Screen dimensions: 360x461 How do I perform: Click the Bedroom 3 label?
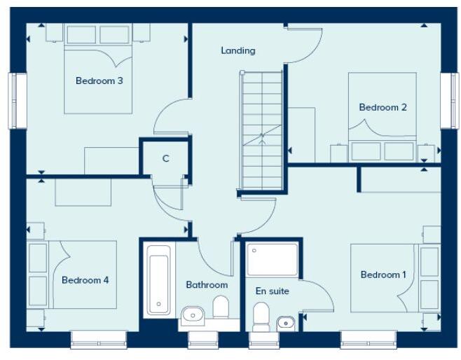click(x=99, y=81)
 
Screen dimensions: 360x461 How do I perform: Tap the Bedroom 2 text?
click(x=383, y=107)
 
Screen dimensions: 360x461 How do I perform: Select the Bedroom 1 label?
click(x=383, y=275)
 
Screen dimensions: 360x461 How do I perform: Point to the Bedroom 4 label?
click(x=85, y=280)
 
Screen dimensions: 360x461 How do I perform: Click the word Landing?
click(x=238, y=50)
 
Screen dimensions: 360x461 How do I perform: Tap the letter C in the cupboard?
click(x=166, y=158)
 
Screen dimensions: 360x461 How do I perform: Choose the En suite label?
click(x=272, y=291)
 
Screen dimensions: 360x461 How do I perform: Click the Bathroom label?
click(x=207, y=285)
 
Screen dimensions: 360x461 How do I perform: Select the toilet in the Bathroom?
click(x=221, y=307)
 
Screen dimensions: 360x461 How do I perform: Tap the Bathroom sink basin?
click(x=192, y=317)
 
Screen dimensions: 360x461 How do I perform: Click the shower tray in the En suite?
click(x=273, y=259)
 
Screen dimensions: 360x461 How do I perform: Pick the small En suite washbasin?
click(x=285, y=323)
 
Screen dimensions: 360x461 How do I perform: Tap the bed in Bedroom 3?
click(x=98, y=77)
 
